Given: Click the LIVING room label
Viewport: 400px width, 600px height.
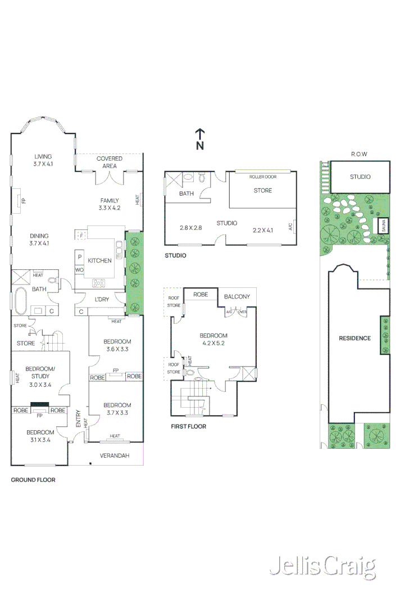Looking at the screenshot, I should click(x=43, y=157).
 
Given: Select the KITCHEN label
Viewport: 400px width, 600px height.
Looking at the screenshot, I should click(x=99, y=261).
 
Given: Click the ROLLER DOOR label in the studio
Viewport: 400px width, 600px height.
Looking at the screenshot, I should click(x=263, y=177).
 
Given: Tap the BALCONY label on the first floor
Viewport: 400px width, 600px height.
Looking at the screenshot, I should click(x=237, y=296).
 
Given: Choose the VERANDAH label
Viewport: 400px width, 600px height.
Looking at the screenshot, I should click(x=115, y=455).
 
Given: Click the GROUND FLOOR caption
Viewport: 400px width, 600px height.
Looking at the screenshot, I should click(x=33, y=480).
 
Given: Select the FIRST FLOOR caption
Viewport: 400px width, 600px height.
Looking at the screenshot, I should click(x=188, y=426).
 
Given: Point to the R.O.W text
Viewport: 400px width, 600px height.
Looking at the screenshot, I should click(x=359, y=154).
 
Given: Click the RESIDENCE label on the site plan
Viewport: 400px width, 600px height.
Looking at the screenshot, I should click(x=354, y=338).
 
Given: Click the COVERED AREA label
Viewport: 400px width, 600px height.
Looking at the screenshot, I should click(x=110, y=162).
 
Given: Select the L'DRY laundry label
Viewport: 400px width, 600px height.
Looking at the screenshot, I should click(x=102, y=299).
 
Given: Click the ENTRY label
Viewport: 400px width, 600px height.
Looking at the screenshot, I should click(x=78, y=419).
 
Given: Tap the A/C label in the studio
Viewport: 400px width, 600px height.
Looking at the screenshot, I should click(x=290, y=227).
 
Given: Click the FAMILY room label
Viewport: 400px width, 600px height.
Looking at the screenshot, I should click(x=110, y=201).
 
